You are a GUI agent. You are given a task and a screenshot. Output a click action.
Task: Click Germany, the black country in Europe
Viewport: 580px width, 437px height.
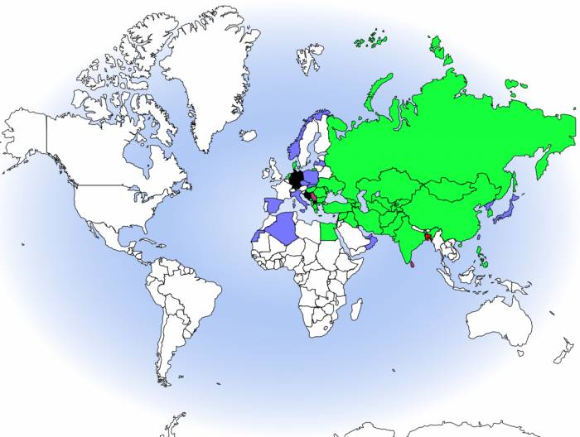coord(296,179)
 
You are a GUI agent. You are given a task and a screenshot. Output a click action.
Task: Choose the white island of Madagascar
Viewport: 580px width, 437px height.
coord(355,310)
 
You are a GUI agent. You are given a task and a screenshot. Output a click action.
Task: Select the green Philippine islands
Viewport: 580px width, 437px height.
coord(482,257)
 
